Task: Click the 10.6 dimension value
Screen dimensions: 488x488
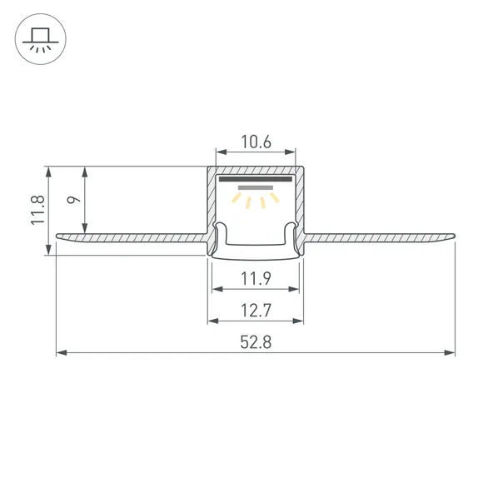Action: coord(256,142)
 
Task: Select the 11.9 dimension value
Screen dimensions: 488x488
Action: coord(256,277)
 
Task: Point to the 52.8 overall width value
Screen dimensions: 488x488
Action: coord(256,342)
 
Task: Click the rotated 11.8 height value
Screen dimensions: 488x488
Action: coord(37,211)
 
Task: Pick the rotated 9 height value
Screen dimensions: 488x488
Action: coord(73,200)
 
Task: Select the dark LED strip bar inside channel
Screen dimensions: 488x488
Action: coord(255,178)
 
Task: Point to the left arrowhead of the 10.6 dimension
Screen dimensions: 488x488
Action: coord(219,152)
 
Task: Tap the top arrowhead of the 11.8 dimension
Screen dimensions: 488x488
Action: coord(49,169)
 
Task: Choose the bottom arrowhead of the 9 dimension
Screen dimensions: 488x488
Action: coord(85,230)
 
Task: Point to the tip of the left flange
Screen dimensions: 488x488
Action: coord(57,238)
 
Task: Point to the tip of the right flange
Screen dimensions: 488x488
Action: coord(456,238)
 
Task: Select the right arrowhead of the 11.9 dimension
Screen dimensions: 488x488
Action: coord(296,289)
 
